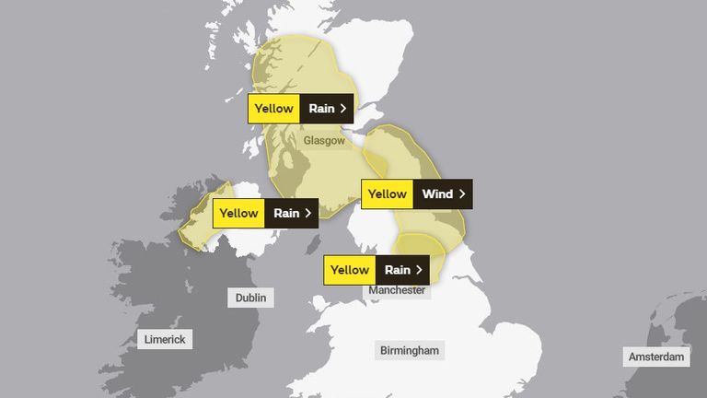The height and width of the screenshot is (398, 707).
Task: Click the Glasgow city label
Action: (324, 141)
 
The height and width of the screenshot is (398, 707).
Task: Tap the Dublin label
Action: (250, 298)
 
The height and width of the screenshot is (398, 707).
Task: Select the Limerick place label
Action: (165, 339)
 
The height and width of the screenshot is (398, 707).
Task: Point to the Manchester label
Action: (397, 290)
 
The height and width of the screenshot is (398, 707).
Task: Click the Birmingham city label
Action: (410, 350)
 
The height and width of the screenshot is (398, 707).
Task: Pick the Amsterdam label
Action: (656, 357)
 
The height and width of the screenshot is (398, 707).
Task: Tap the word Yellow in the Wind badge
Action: (388, 194)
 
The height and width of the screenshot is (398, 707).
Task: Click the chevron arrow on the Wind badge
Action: (462, 194)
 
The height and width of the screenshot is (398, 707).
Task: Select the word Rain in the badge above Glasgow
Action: (321, 108)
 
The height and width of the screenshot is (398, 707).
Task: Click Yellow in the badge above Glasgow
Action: (273, 108)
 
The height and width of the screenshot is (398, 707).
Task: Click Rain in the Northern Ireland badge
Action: (286, 214)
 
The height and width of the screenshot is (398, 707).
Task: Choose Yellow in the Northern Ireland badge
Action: (238, 214)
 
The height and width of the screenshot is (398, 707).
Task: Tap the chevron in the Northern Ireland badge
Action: (308, 214)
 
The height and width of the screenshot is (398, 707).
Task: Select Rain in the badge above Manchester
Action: (397, 270)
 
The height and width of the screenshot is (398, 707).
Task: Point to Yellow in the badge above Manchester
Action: (350, 270)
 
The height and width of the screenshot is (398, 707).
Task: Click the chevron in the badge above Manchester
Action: (420, 270)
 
